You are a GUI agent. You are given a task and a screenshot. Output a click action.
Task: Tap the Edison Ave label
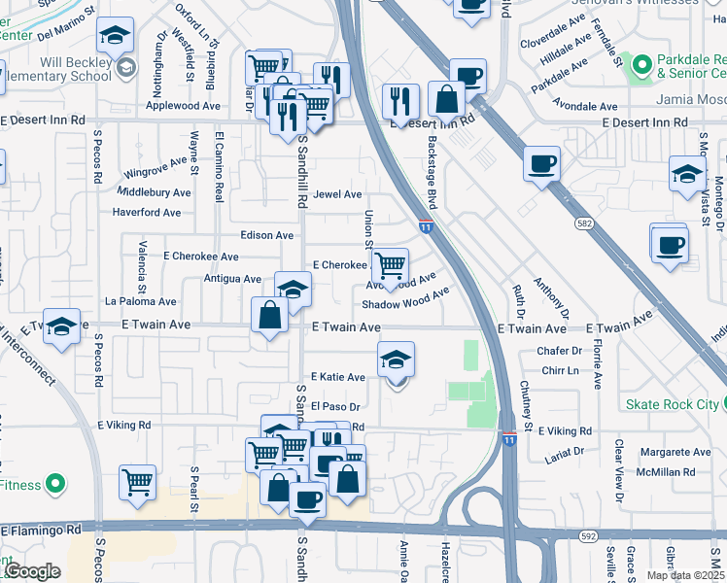click(x=267, y=235)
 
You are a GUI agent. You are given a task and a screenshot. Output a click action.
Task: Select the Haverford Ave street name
click(x=146, y=213)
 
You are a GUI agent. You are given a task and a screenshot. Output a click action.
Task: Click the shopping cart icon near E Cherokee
click(x=390, y=265)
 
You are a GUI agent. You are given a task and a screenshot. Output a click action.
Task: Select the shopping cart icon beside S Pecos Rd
click(x=138, y=482)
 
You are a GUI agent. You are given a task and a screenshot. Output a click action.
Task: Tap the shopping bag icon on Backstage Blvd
click(x=446, y=99)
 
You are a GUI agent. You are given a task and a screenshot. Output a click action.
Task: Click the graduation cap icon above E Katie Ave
click(x=396, y=360)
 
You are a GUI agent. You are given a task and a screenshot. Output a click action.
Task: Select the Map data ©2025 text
click(x=684, y=575)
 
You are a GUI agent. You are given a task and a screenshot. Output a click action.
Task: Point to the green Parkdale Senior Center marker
click(x=640, y=65)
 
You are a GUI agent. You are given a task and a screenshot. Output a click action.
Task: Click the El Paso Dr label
click(x=336, y=407)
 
